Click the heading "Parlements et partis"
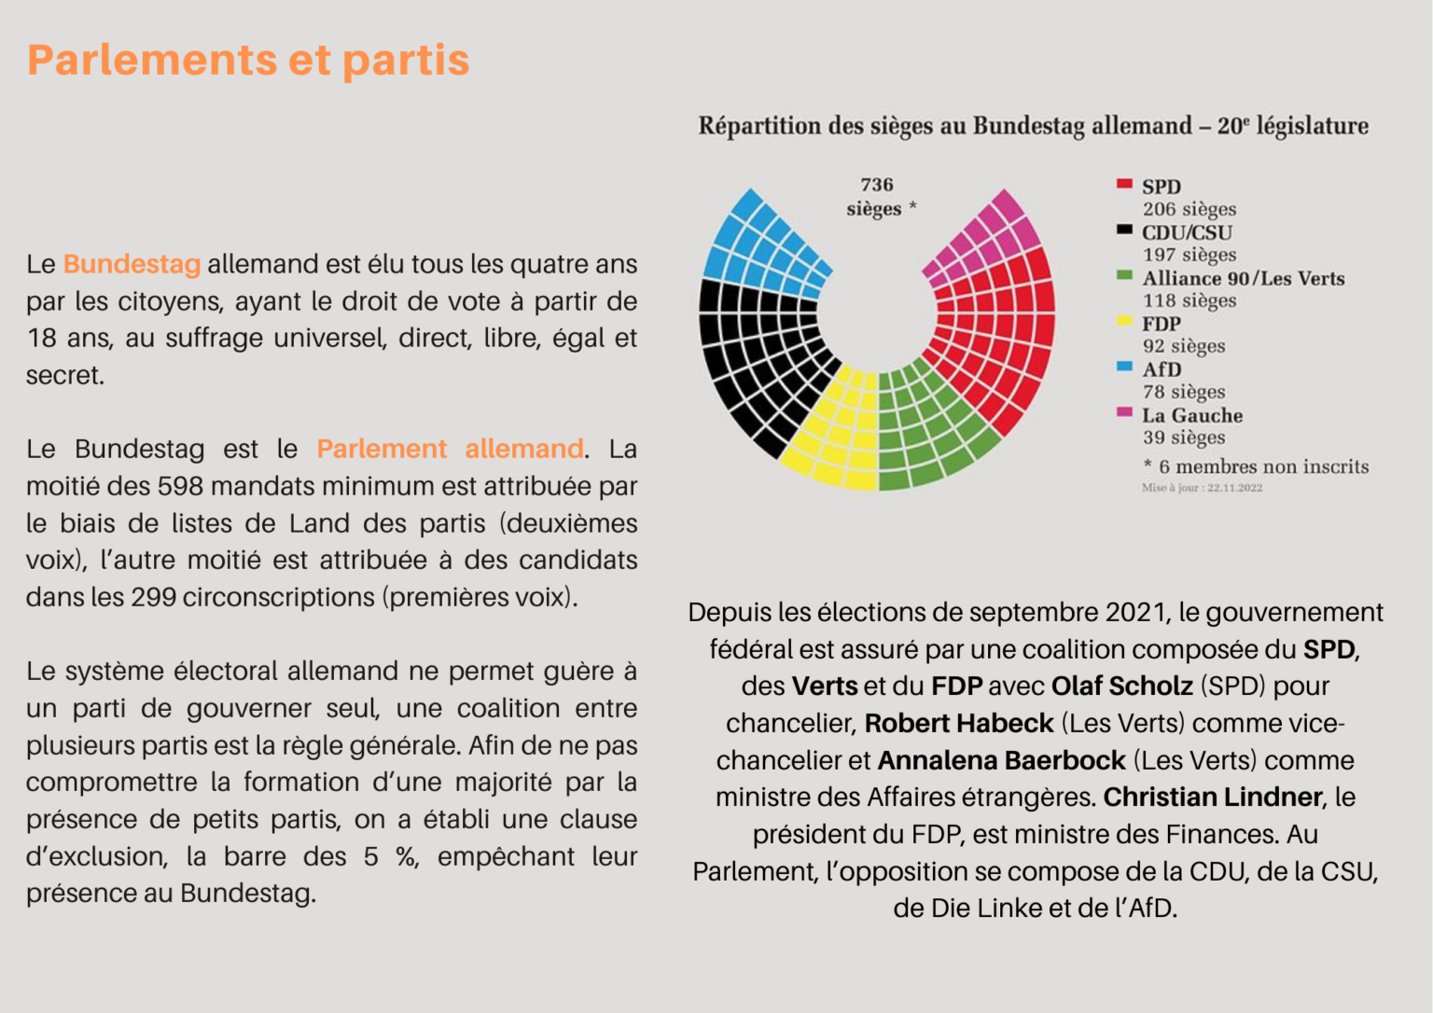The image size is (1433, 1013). click(248, 60)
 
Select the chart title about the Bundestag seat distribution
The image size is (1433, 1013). click(1033, 126)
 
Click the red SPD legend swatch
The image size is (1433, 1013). click(1124, 184)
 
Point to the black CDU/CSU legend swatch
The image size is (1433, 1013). click(1124, 229)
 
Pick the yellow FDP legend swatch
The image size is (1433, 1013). click(1124, 321)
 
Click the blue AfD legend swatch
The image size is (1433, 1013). click(1124, 367)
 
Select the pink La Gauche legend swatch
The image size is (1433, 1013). click(1124, 412)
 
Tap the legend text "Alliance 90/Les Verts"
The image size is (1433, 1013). click(1243, 279)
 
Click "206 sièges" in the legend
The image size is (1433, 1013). click(1190, 209)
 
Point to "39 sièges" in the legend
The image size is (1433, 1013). click(1184, 437)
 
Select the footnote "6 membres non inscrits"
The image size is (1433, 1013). click(1263, 466)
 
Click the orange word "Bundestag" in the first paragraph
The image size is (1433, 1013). click(132, 264)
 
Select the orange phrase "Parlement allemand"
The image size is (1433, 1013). click(450, 449)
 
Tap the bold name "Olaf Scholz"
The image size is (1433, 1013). click(1122, 687)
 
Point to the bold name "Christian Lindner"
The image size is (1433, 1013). click(1212, 798)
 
